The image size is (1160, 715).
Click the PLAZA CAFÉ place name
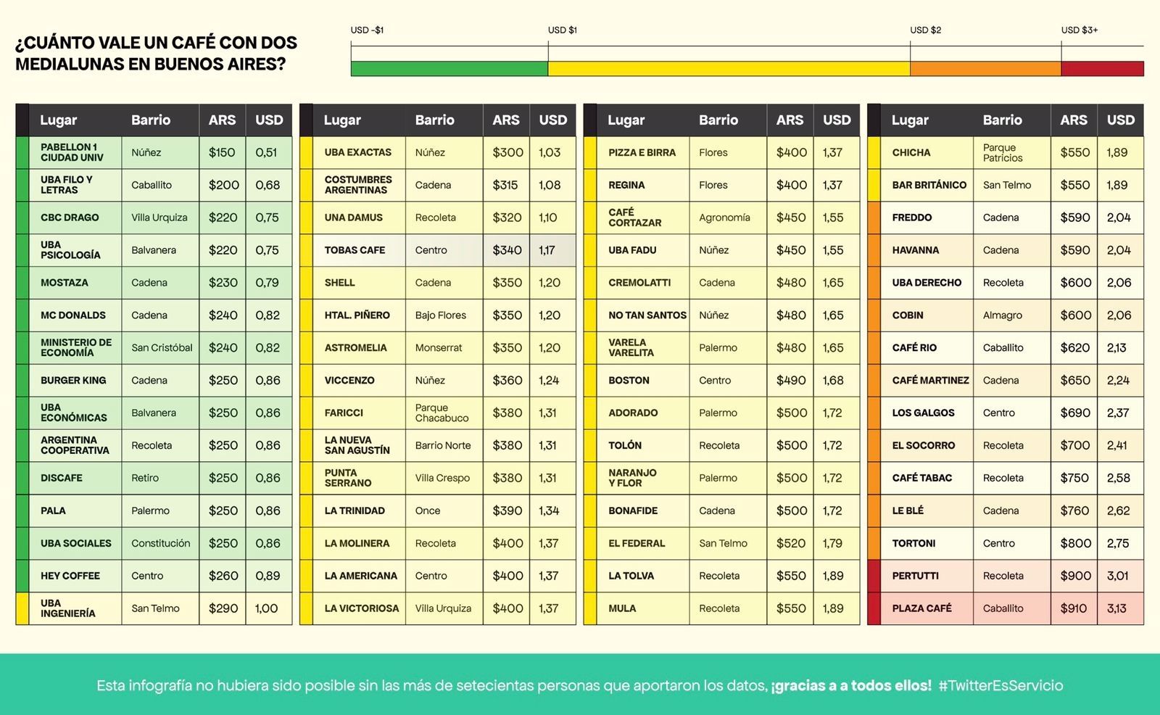921,608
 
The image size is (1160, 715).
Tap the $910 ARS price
1074,608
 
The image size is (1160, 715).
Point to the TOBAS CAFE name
355,250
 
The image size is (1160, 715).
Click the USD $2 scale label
925,30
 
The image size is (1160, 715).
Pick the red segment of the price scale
1102,69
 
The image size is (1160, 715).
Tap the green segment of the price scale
449,69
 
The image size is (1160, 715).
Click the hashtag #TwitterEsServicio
1000,685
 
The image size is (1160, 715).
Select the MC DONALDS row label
73,315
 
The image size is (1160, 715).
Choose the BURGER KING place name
73,380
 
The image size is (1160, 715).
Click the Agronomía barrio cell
724,218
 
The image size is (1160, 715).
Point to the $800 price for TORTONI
1075,543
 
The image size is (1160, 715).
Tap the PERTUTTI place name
915,576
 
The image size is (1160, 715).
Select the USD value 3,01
1117,576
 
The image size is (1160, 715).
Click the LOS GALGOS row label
923,413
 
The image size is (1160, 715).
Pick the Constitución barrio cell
160,543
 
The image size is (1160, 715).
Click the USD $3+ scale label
1079,30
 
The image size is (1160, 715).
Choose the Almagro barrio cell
1002,315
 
